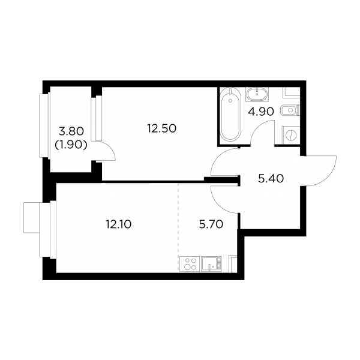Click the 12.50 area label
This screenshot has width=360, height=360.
click(161, 128)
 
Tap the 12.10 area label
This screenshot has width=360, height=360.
click(118, 224)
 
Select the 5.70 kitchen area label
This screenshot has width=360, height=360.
click(211, 224)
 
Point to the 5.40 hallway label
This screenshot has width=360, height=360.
click(271, 179)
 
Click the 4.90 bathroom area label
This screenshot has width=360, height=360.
click(261, 112)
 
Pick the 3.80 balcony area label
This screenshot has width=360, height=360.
click(71, 131)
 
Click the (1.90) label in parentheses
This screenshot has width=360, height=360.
click(71, 145)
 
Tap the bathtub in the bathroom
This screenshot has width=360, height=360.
click(230, 115)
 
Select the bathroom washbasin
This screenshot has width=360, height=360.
click(257, 94)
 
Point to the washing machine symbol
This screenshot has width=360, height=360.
click(291, 135)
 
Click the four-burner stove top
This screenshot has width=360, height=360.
click(190, 264)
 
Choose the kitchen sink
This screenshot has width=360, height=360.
click(211, 264)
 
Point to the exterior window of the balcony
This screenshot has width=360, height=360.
click(44, 125)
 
